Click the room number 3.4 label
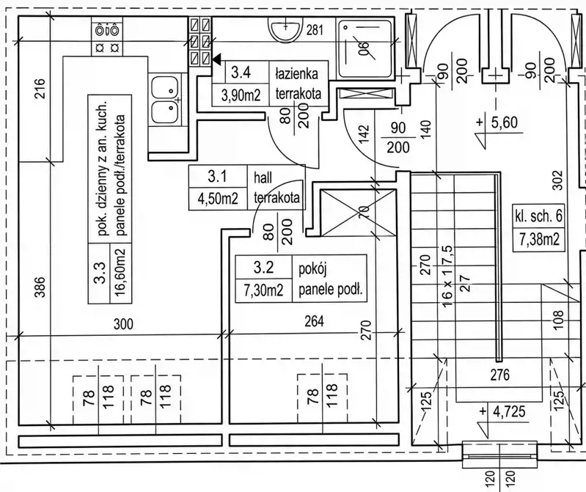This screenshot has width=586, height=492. click(241, 72)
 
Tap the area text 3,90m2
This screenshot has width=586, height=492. click(241, 95)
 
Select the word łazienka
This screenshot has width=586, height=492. click(297, 73)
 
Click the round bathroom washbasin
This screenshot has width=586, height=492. click(286, 30)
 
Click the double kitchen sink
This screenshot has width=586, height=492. click(164, 101)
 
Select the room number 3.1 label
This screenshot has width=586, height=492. click(217, 176)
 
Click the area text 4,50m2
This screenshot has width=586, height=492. click(218, 198)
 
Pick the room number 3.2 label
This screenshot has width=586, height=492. click(263, 267)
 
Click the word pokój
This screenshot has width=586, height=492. click(313, 269)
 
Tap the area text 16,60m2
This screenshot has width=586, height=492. click(121, 272)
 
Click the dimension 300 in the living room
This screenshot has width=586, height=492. click(123, 323)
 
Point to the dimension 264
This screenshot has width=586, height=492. click(314, 321)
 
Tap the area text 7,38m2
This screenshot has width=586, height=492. click(539, 238)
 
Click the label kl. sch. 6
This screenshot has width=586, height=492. click(539, 216)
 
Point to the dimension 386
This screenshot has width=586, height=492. click(40, 287)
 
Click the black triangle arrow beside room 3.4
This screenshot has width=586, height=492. click(217, 58)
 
